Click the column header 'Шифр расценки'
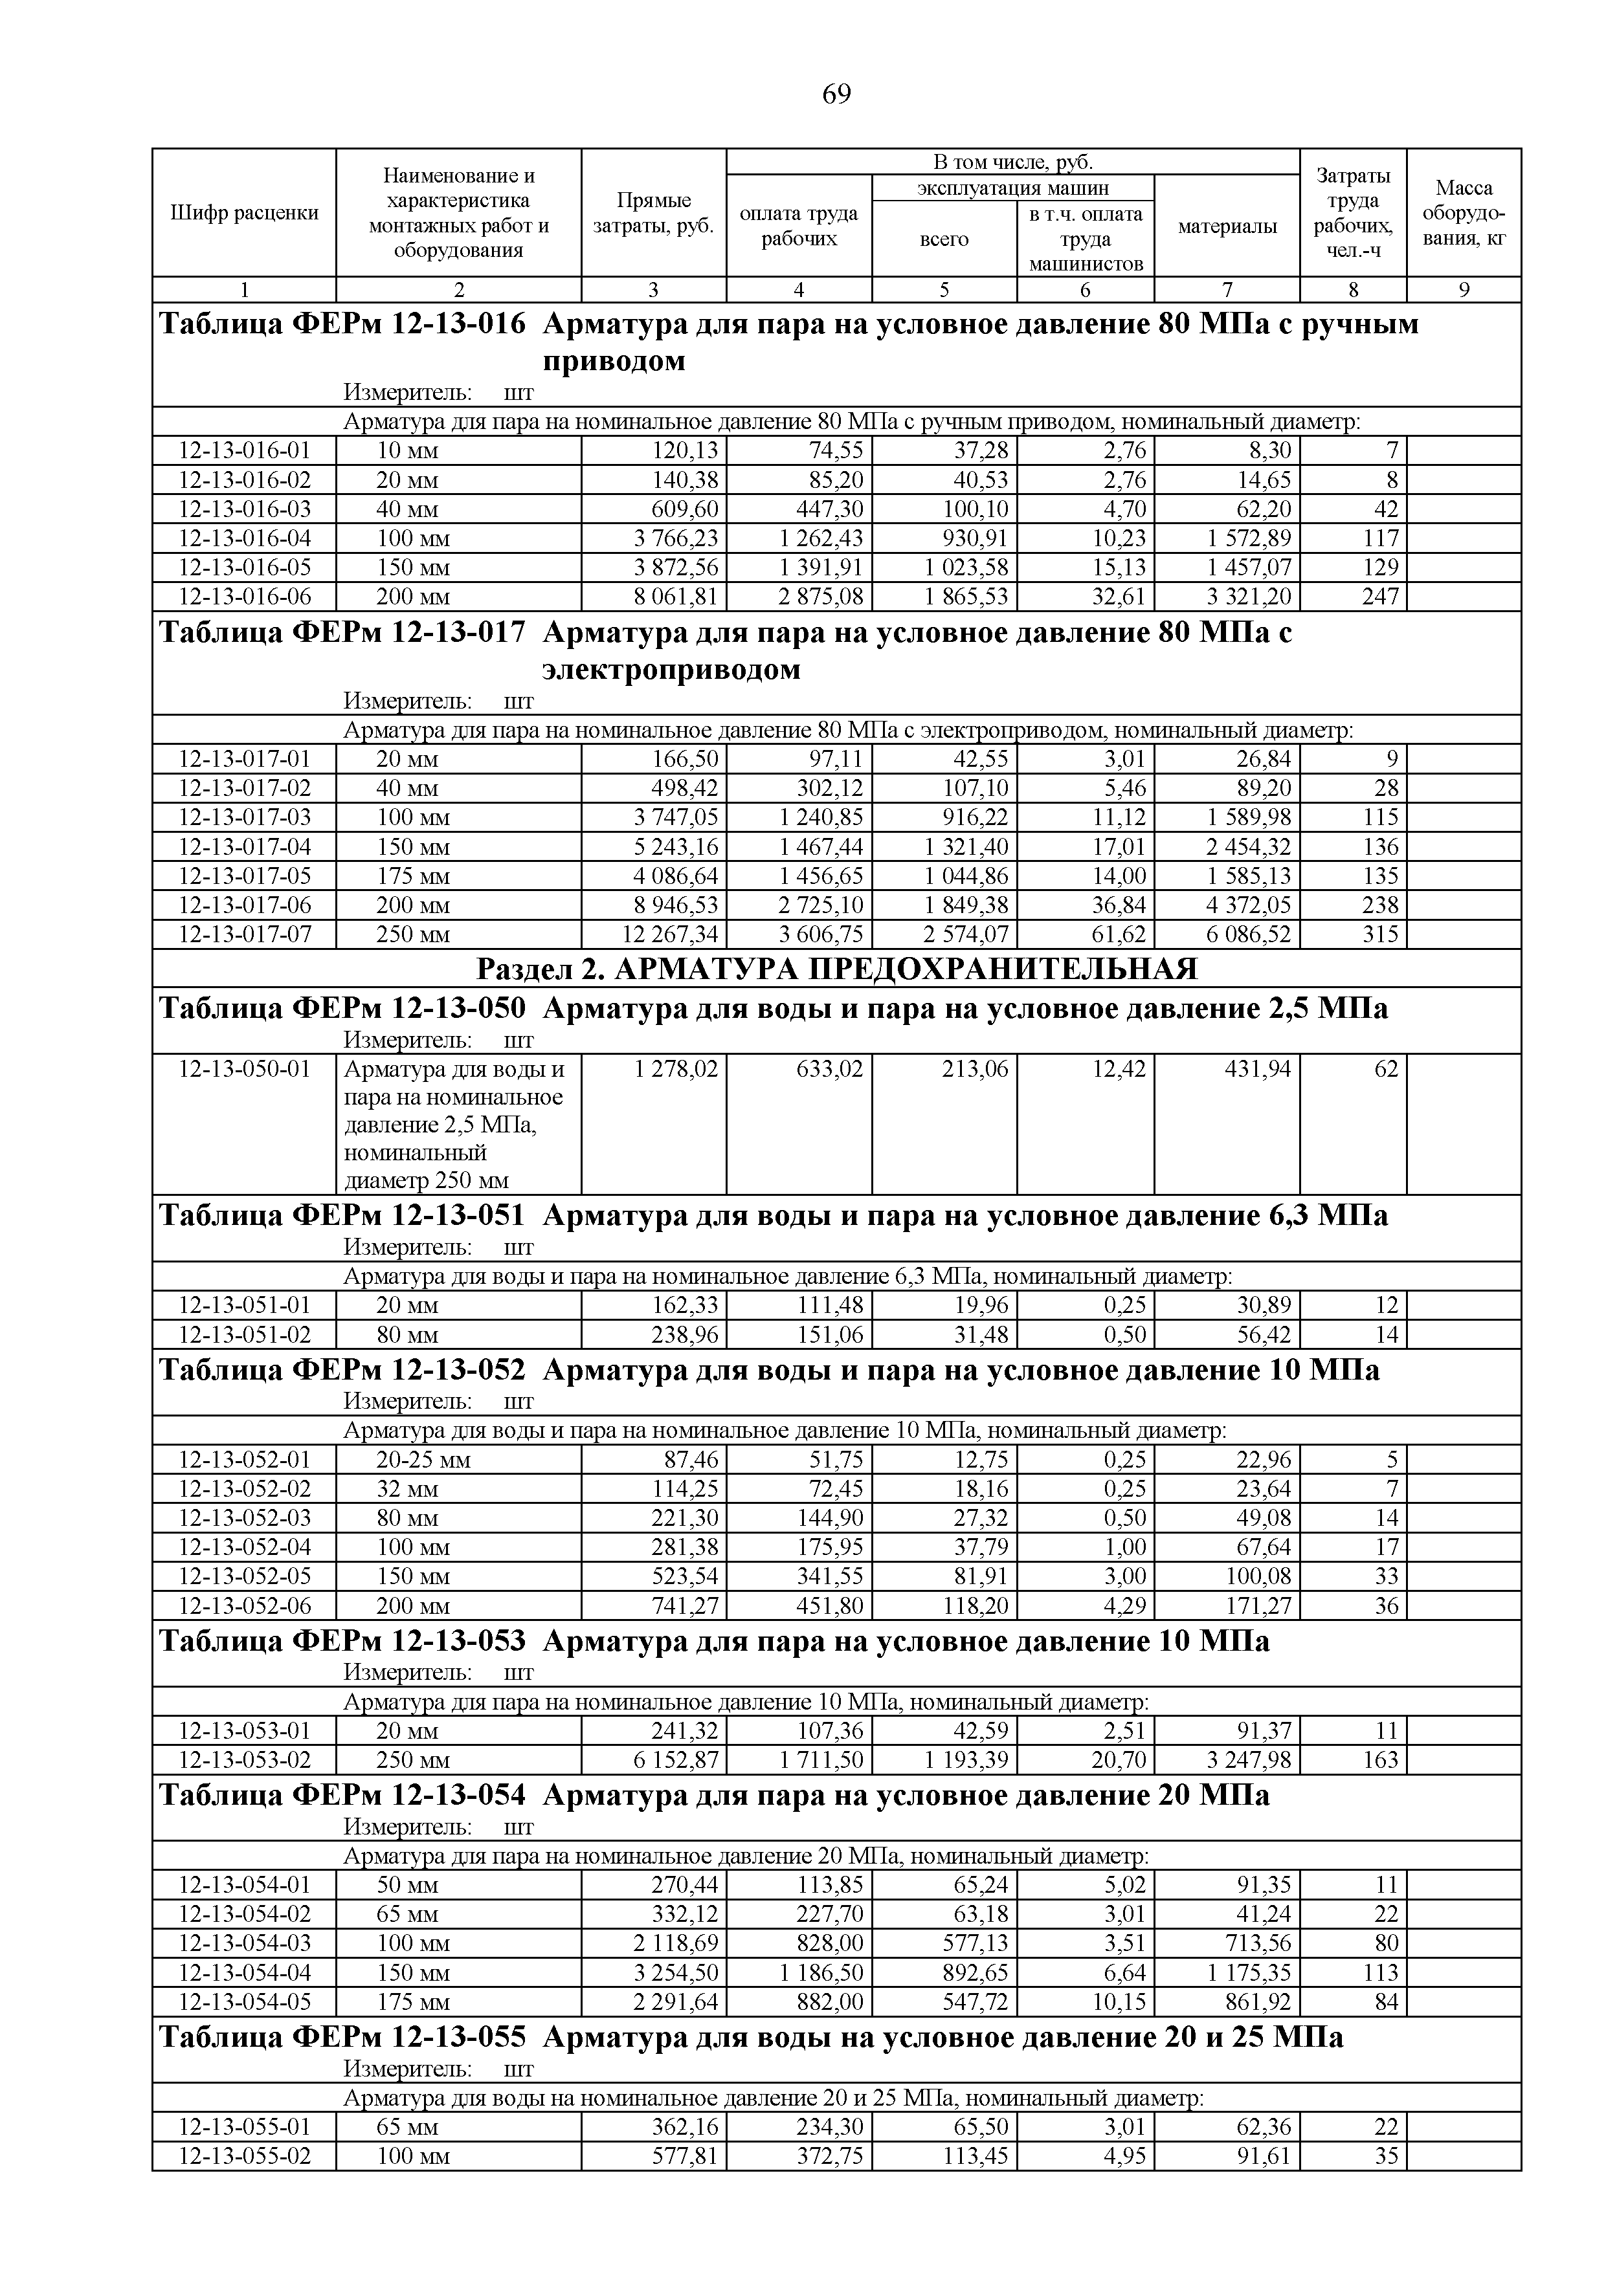[244, 212]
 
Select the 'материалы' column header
[1227, 226]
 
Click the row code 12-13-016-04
[244, 538]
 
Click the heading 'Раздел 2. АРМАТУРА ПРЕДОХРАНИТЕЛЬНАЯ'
[836, 968]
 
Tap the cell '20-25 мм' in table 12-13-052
[423, 1459]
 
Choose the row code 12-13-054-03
[244, 1943]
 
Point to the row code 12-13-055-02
[244, 2155]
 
